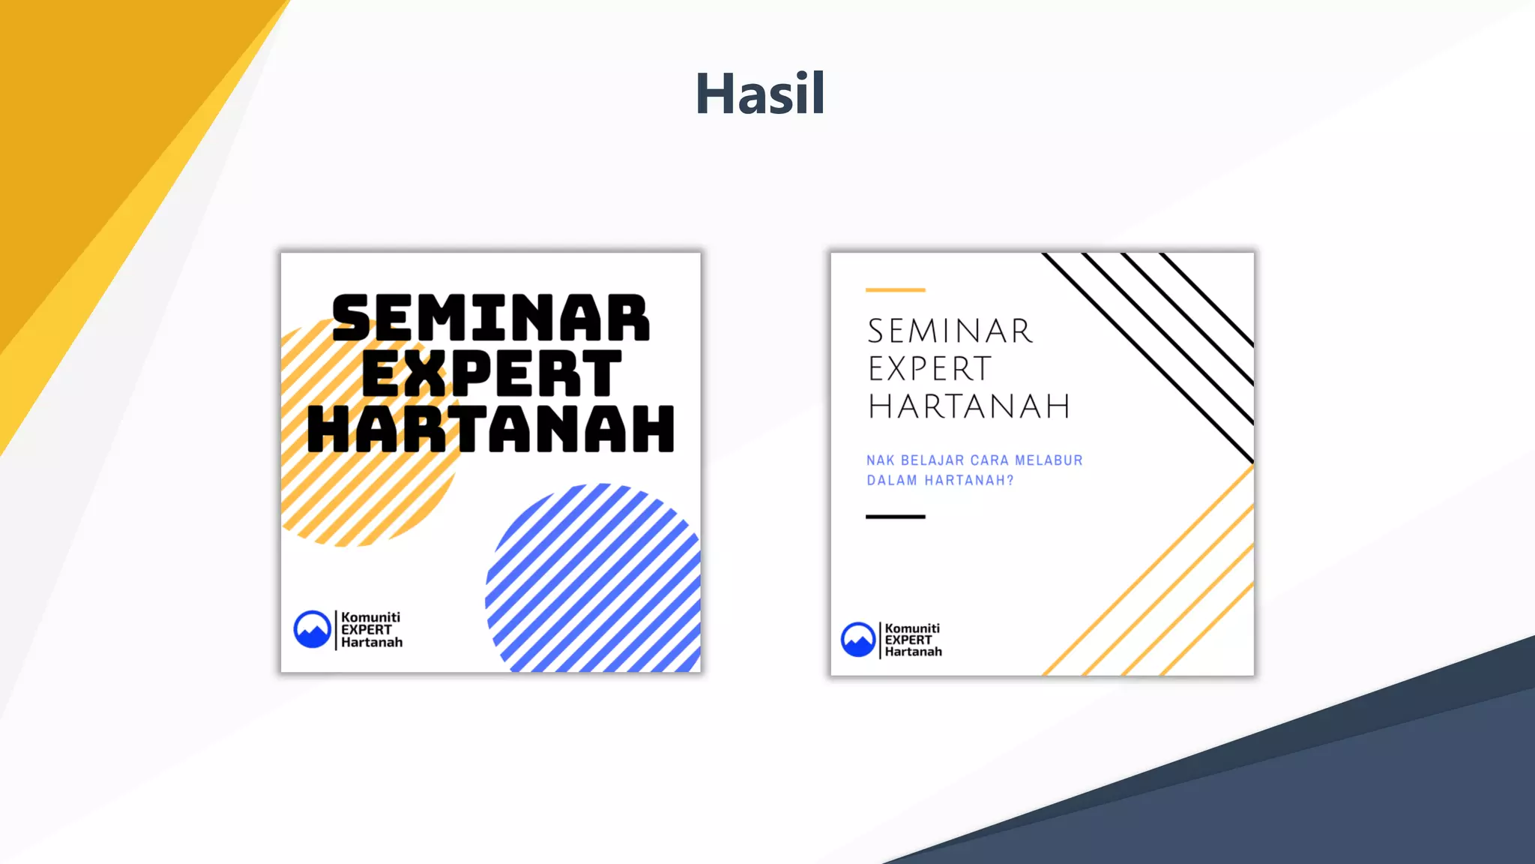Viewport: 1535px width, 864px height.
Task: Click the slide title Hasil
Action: [760, 94]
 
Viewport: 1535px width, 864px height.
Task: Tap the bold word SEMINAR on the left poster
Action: [491, 318]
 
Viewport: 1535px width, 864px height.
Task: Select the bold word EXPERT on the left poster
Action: [491, 373]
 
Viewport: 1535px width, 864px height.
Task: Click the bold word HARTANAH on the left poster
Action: [491, 429]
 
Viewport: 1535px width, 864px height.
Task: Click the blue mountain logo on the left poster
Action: [312, 629]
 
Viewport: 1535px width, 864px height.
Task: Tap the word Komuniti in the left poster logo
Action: [370, 617]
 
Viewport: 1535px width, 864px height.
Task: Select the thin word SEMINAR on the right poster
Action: [950, 331]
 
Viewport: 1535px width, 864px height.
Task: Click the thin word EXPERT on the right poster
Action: [930, 369]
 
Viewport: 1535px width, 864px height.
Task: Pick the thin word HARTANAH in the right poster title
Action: [969, 406]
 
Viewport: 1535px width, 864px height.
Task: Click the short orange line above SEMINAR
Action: [895, 289]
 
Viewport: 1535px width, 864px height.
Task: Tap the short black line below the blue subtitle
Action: [895, 517]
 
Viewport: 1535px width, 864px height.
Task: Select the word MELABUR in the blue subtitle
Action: [1049, 460]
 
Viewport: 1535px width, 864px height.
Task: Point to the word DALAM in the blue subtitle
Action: [891, 481]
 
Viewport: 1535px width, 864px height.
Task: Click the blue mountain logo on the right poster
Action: [858, 640]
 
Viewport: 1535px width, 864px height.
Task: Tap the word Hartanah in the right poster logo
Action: [913, 652]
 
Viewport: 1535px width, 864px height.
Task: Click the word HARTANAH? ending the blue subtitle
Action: [968, 481]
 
